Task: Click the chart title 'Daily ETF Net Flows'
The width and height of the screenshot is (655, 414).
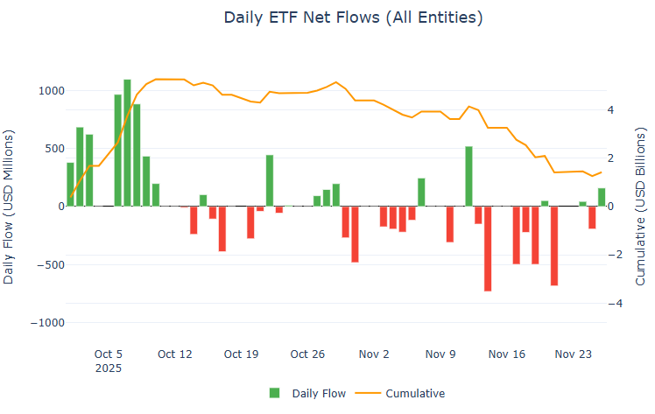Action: tap(352, 18)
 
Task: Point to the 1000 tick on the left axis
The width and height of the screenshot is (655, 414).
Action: tap(49, 91)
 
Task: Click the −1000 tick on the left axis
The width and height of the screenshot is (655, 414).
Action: tap(46, 322)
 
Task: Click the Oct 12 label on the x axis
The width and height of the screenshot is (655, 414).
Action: tap(174, 354)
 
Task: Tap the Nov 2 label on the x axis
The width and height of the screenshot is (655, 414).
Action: tap(374, 354)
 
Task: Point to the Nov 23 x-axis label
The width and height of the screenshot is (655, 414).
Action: tap(574, 354)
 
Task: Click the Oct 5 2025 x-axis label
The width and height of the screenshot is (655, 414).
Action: tap(109, 361)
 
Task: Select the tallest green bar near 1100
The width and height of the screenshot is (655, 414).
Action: tap(127, 143)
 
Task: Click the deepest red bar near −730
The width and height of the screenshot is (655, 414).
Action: tap(488, 249)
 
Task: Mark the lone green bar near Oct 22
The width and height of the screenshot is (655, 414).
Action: tap(270, 180)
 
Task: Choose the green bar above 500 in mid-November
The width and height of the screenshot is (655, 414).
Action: tap(468, 176)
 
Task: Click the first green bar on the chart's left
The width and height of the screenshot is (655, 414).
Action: tap(70, 185)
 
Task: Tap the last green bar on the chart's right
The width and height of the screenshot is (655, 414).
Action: tap(602, 197)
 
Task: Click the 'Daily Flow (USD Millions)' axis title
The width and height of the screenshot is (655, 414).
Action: tap(10, 207)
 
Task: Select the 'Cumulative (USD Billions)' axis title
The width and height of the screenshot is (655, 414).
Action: tap(640, 207)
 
